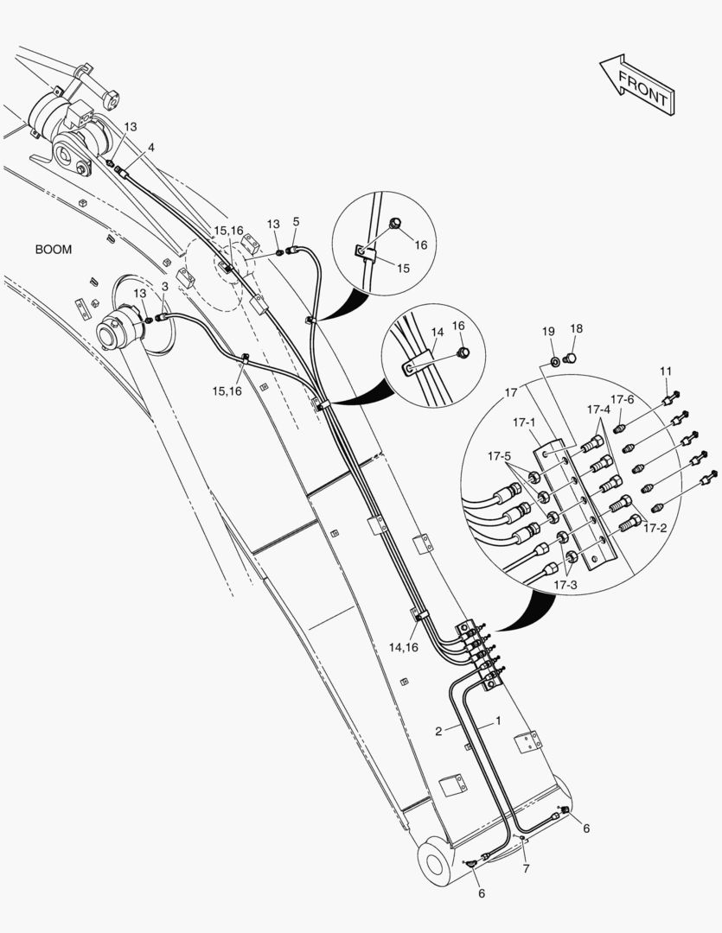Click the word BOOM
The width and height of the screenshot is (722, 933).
pyautogui.click(x=54, y=250)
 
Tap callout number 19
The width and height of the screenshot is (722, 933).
pyautogui.click(x=549, y=332)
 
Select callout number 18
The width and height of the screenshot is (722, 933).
pyautogui.click(x=577, y=329)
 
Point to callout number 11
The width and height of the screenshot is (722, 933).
pyautogui.click(x=666, y=371)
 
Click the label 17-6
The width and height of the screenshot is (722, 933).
pyautogui.click(x=623, y=399)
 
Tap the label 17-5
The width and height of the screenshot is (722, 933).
pyautogui.click(x=499, y=455)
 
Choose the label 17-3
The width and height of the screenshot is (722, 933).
pyautogui.click(x=567, y=585)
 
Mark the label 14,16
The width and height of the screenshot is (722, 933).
pyautogui.click(x=403, y=647)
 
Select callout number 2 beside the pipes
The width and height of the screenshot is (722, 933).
pyautogui.click(x=439, y=731)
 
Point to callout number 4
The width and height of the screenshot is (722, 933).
pyautogui.click(x=151, y=148)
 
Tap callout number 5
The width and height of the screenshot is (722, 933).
pyautogui.click(x=296, y=222)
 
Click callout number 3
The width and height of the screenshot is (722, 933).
pyautogui.click(x=165, y=287)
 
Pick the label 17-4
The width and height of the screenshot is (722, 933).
pyautogui.click(x=598, y=409)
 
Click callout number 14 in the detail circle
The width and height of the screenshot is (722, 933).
pyautogui.click(x=437, y=332)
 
